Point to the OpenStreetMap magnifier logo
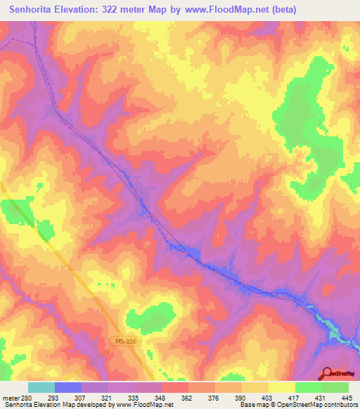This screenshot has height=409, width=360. [x=328, y=373]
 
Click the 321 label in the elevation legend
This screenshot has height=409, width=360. [x=107, y=397]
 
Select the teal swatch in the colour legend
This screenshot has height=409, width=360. [x=41, y=387]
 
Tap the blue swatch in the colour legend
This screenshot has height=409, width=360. [x=68, y=387]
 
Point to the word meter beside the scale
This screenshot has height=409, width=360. [x=11, y=397]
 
